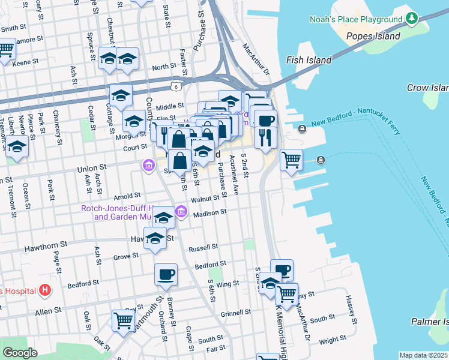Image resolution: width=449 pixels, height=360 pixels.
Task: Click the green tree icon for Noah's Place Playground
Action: pyautogui.click(x=412, y=19)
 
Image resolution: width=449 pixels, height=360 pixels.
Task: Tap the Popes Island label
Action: pyautogui.click(x=373, y=36)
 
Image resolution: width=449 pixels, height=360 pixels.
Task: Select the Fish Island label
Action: pyautogui.click(x=309, y=60)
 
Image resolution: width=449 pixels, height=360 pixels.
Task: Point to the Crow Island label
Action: pyautogui.click(x=427, y=88)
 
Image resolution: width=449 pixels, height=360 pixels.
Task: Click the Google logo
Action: pyautogui.click(x=20, y=353)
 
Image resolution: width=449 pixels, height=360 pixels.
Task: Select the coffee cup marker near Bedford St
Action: pyautogui.click(x=166, y=275)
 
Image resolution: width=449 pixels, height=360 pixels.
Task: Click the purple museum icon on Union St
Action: pyautogui.click(x=148, y=164)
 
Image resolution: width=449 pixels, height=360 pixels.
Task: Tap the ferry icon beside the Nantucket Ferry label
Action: pyautogui.click(x=302, y=129)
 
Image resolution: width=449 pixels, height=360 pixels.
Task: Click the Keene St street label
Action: pyautogui.click(x=25, y=62)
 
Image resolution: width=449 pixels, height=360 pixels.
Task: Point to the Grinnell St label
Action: pyautogui.click(x=235, y=313)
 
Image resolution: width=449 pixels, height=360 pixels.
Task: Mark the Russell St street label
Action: pyautogui.click(x=203, y=247)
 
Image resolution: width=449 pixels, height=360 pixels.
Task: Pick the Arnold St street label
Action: pyautogui.click(x=127, y=195)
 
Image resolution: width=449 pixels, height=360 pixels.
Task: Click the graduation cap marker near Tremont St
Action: pyautogui.click(x=17, y=147)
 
